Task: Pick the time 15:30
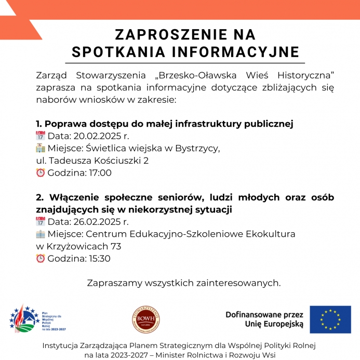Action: click(100, 259)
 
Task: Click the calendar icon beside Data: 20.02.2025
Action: click(41, 136)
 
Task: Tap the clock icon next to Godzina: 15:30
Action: click(41, 259)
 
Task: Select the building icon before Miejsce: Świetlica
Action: click(41, 149)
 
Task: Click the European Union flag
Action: click(330, 319)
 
